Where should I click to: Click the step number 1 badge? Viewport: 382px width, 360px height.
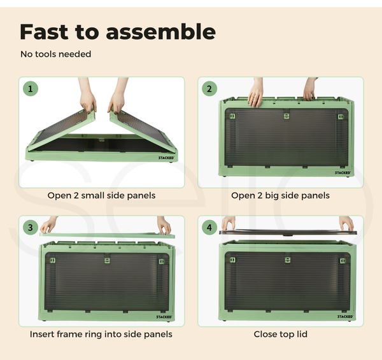(31, 89)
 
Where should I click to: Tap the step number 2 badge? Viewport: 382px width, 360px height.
(209, 89)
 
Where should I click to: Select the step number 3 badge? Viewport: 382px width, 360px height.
(31, 228)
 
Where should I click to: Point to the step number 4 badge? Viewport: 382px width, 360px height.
(209, 228)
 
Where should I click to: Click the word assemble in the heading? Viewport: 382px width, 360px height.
(161, 32)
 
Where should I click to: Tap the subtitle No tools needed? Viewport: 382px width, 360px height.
(56, 54)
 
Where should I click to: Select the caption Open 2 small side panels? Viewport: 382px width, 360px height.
(101, 195)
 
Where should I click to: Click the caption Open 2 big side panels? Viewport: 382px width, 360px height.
(280, 195)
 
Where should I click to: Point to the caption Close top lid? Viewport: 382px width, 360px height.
(280, 334)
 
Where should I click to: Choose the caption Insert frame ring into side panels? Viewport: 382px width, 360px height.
(101, 334)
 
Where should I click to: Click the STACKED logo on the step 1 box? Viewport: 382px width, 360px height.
(166, 158)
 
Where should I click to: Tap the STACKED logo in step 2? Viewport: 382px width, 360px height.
(343, 172)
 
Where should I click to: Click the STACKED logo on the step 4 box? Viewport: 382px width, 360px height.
(345, 316)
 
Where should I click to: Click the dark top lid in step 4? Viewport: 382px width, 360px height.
(288, 232)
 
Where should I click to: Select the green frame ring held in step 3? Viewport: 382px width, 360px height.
(107, 235)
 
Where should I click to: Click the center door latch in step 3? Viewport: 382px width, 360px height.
(107, 260)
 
